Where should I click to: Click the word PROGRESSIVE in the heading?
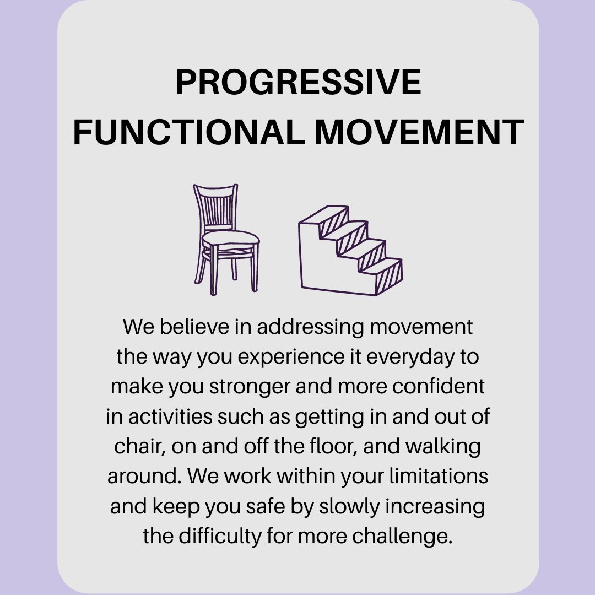click(x=298, y=83)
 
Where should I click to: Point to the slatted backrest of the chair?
click(x=217, y=207)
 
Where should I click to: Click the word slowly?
click(x=353, y=506)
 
